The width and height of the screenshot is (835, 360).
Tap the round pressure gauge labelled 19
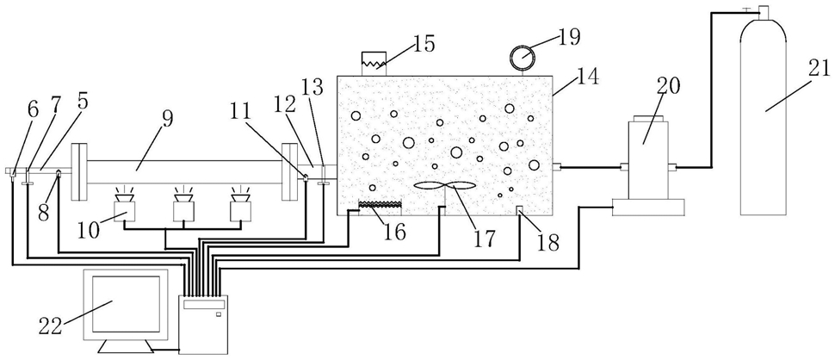pyautogui.click(x=522, y=55)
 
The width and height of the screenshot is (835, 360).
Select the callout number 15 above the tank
pyautogui.click(x=424, y=43)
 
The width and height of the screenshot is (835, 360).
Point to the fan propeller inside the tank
pyautogui.click(x=445, y=186)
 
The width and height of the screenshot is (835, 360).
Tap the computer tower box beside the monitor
pyautogui.click(x=204, y=325)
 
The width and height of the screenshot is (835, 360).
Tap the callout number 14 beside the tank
pyautogui.click(x=590, y=78)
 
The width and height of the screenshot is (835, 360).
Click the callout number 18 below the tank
pyautogui.click(x=548, y=242)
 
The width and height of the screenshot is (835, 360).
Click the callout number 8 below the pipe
pyautogui.click(x=44, y=213)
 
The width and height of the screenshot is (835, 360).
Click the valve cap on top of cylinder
pyautogui.click(x=764, y=10)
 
